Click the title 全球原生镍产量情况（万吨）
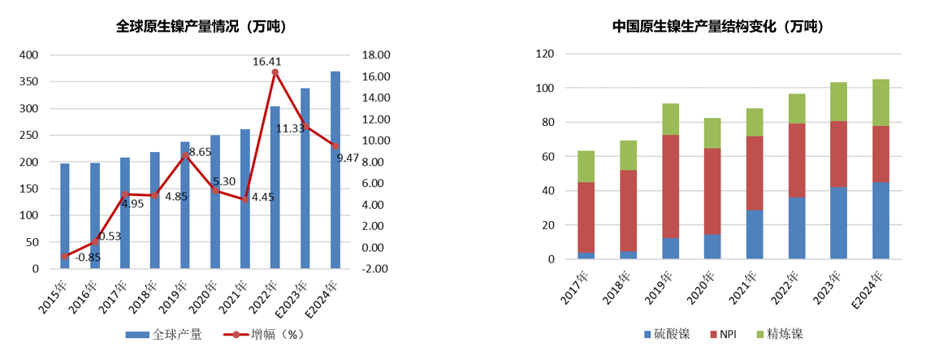(x=201, y=26)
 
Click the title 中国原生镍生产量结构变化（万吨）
(x=718, y=26)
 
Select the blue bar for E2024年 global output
(x=335, y=170)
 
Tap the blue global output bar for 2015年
(x=65, y=216)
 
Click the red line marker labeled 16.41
(x=275, y=72)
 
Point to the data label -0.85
(x=88, y=258)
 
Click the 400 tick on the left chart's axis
(x=28, y=55)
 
